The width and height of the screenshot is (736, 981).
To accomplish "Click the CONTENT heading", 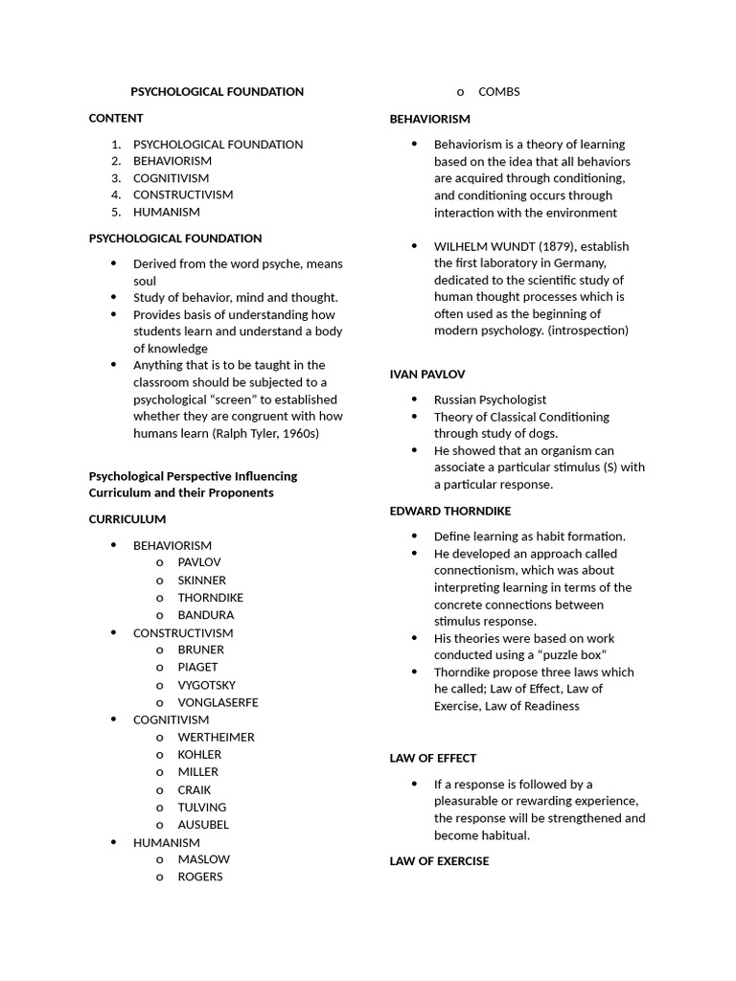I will point(116,118).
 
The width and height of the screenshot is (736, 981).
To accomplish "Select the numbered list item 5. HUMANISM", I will point(166,212).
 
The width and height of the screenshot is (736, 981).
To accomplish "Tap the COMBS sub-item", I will point(498,92).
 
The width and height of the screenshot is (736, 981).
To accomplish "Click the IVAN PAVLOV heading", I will point(426,375).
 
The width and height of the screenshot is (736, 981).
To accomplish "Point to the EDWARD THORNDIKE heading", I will point(449,511).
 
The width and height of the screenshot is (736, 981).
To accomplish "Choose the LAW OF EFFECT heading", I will point(432,758).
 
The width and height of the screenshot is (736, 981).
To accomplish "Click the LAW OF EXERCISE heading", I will point(439,861).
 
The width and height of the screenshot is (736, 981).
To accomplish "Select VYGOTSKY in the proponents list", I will point(206,685).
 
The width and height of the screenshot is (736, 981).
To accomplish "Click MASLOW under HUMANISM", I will point(203,859).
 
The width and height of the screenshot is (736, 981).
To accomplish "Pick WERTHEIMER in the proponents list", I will point(216,737).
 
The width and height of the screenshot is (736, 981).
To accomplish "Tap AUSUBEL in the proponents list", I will point(203,824).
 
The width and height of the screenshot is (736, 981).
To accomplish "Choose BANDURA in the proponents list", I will point(205,615).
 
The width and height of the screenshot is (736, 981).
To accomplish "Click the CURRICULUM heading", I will point(127,519).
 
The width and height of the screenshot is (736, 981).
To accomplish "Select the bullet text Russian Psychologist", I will point(490,399).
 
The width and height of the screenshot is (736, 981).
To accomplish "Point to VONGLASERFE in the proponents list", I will point(218,702).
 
